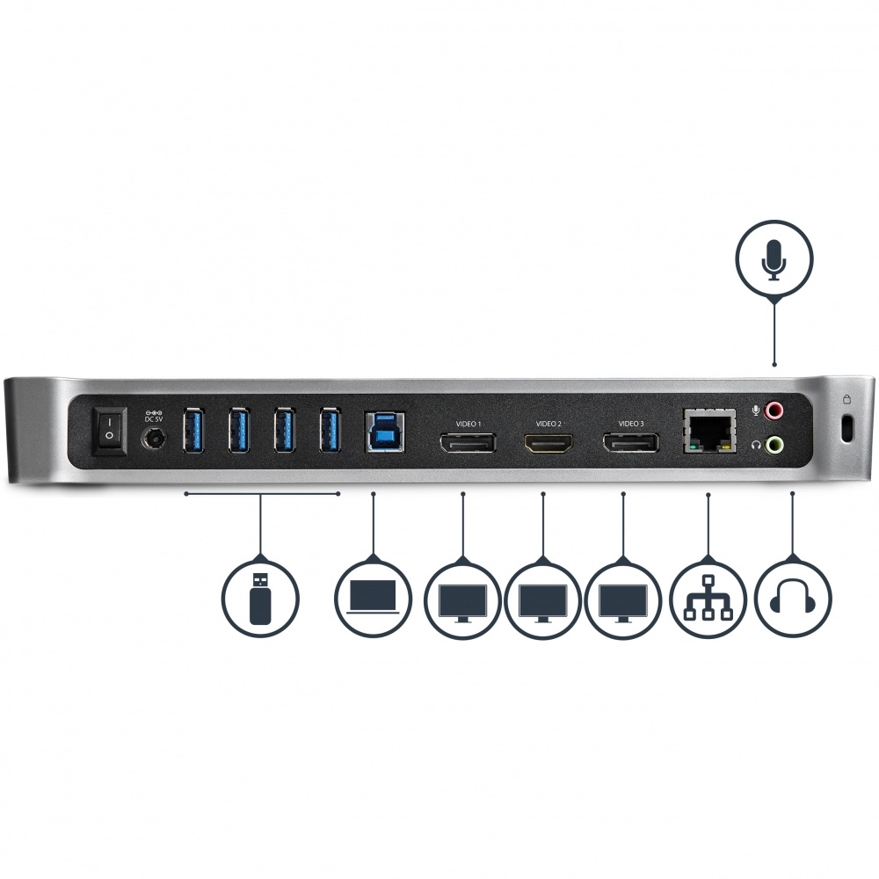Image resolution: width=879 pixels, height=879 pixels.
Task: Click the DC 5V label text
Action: point(154,419)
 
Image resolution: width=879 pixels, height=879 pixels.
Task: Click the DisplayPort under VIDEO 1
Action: point(468,443)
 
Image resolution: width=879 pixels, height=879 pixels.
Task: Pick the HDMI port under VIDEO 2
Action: point(548,443)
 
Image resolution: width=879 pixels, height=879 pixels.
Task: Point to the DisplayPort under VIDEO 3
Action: point(630,443)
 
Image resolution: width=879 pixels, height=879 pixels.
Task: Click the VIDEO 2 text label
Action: point(548,424)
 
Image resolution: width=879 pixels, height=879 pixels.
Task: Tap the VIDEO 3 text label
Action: point(630,424)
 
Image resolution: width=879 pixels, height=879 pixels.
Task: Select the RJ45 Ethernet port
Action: point(709,431)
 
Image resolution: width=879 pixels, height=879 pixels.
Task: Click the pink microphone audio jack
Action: point(774,410)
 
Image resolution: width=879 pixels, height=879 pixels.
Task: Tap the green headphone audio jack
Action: point(774,446)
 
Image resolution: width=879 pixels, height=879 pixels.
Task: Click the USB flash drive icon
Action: point(259,598)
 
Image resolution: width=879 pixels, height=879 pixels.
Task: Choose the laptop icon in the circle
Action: point(373,598)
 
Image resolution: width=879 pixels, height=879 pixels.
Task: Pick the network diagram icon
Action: point(708,598)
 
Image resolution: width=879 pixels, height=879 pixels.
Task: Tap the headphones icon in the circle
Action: point(793,598)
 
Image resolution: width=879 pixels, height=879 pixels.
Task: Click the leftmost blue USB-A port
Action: point(193,431)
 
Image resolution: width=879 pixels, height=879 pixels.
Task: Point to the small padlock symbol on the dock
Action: point(846,400)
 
